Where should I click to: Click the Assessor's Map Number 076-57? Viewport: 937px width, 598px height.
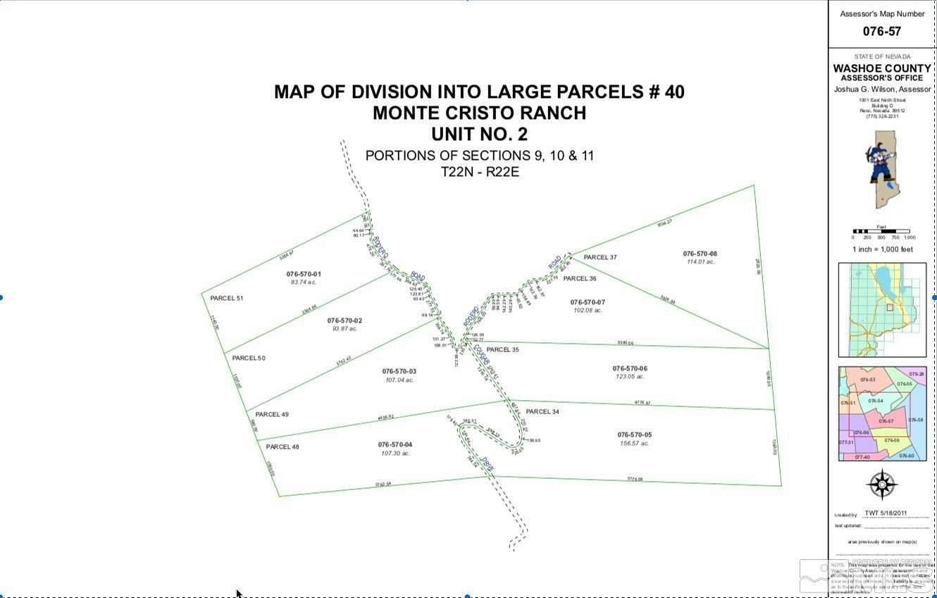point(881,31)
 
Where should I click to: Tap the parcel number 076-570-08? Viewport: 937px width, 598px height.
point(700,254)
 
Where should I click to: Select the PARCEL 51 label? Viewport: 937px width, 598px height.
point(226,298)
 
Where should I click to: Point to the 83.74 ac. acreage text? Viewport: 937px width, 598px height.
point(304,282)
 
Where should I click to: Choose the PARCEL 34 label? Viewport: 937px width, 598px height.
point(542,411)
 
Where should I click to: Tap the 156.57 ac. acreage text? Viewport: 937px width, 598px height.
point(635,443)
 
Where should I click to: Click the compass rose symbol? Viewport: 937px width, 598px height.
point(882,485)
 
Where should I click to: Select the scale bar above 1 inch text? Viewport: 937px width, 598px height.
point(881,231)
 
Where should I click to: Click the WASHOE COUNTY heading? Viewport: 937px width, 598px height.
point(882,68)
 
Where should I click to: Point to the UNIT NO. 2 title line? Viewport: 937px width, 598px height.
point(479,134)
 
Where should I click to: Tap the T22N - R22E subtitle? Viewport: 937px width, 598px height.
point(479,172)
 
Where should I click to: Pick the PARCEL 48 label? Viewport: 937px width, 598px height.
point(283,447)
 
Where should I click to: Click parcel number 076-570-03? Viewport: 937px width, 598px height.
point(399,371)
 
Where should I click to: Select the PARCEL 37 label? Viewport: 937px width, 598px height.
point(600,257)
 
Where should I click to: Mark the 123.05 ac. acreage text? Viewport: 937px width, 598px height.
point(630,377)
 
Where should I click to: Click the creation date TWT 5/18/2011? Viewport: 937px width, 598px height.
point(886,513)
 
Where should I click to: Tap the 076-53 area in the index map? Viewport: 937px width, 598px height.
point(867,380)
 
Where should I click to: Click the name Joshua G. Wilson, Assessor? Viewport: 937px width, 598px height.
point(882,89)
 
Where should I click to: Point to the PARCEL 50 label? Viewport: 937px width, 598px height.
point(249,358)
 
